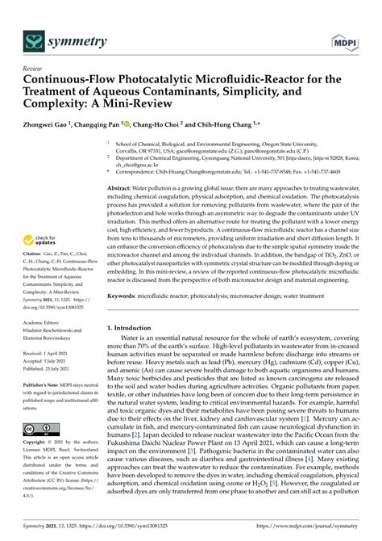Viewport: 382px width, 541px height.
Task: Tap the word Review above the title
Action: click(34, 69)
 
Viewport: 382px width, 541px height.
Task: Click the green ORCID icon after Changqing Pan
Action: click(126, 124)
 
